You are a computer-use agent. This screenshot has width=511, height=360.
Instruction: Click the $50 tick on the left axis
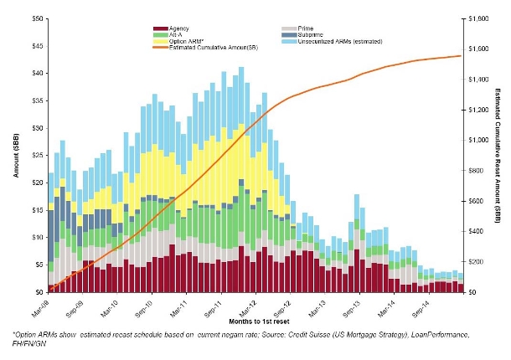point(38,18)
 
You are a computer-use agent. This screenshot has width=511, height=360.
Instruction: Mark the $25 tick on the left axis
point(38,155)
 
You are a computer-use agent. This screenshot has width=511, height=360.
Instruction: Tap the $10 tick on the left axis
point(38,237)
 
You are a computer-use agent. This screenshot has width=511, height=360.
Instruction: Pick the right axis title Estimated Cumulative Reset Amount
point(497,155)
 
